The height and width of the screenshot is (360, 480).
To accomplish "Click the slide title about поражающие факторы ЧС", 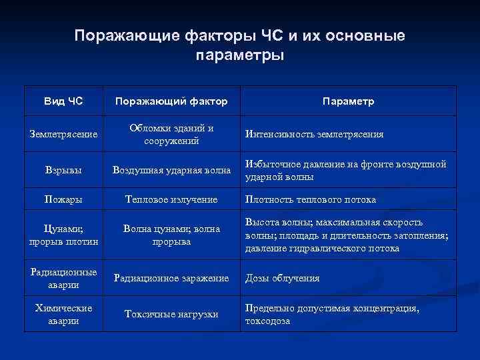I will pos(239,44).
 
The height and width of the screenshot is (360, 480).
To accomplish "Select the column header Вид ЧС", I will pos(63,101).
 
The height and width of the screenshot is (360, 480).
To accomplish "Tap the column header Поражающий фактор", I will pos(171,101).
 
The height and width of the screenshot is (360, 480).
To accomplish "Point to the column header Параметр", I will pos(347,101).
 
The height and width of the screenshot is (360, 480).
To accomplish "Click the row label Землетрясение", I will pos(63,135).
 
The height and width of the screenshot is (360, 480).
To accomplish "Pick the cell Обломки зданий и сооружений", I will pos(171,135).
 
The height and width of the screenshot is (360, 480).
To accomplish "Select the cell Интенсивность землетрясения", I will pos(314,135).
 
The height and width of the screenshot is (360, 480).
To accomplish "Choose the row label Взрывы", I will pos(63,171).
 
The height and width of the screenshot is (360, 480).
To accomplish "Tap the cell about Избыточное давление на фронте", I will pos(345,171).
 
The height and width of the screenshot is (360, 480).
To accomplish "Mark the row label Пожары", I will pos(63,200).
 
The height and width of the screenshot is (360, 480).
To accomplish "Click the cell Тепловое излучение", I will pos(171,200).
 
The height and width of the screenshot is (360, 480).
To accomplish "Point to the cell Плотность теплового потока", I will pos(311,200).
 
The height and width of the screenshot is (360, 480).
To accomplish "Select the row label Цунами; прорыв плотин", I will pos(63,235).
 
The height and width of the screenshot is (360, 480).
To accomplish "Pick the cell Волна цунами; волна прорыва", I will pos(171,235).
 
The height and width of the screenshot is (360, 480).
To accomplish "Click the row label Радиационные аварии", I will pos(63,278).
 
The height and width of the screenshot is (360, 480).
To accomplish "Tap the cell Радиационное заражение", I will pos(171,279).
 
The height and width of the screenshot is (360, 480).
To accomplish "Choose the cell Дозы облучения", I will pos(283,279).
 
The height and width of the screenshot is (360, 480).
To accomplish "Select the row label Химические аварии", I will pos(63,315).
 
